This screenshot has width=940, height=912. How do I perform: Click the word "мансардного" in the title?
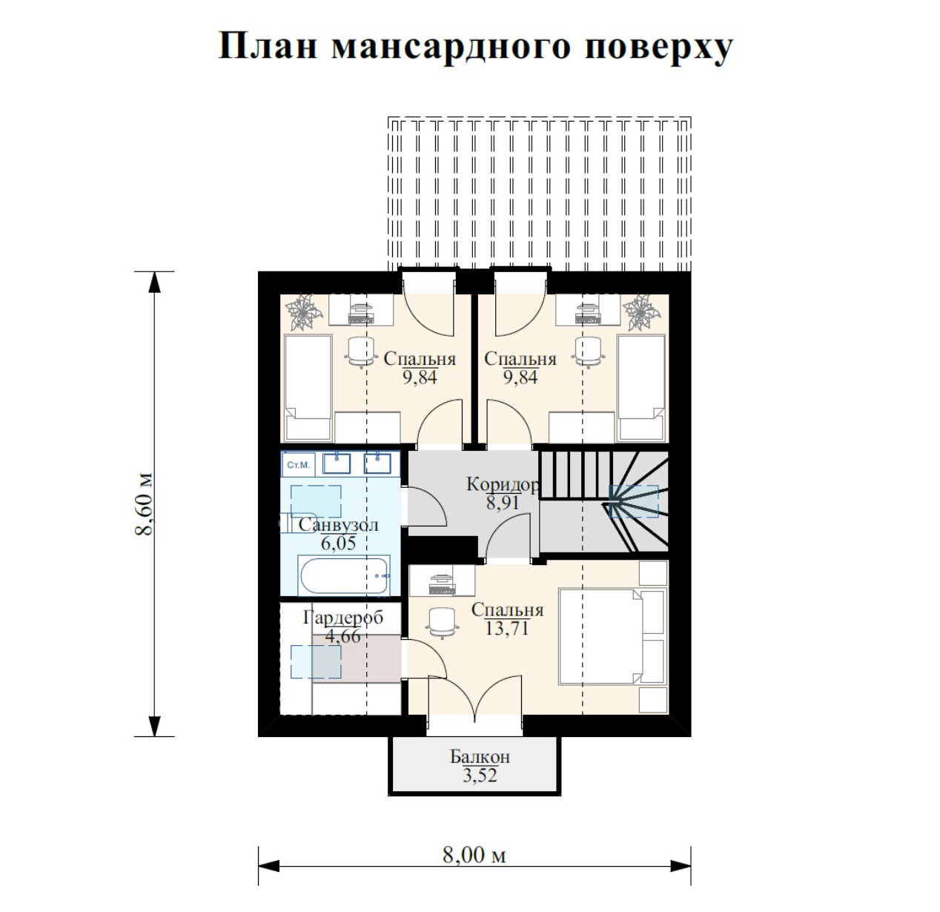tap(451, 47)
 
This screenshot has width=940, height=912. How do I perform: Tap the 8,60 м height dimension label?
tap(144, 503)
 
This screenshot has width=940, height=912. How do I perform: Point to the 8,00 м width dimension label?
tap(474, 856)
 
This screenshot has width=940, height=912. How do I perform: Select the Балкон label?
tap(480, 756)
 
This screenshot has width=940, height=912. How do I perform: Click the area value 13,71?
tap(507, 628)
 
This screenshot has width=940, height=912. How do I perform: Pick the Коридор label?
tap(503, 484)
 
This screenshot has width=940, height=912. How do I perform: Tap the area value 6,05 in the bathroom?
tap(338, 543)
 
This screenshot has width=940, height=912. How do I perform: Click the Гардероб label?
tap(343, 618)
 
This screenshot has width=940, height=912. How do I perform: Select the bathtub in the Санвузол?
tap(345, 576)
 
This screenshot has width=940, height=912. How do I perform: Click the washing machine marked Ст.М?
tap(298, 465)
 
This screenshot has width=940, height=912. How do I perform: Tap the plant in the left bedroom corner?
tap(303, 311)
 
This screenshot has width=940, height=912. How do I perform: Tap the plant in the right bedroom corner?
tap(641, 311)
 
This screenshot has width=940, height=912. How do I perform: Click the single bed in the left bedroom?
tap(308, 388)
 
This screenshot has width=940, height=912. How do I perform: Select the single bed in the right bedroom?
tap(641, 388)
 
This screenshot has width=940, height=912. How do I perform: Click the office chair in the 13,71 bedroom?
tap(442, 623)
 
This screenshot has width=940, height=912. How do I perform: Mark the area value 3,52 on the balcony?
tap(480, 776)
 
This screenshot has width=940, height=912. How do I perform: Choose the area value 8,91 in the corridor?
tap(503, 503)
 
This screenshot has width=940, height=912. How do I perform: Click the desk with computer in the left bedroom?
tap(361, 309)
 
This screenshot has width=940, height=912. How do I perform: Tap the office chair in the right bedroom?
tap(588, 352)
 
